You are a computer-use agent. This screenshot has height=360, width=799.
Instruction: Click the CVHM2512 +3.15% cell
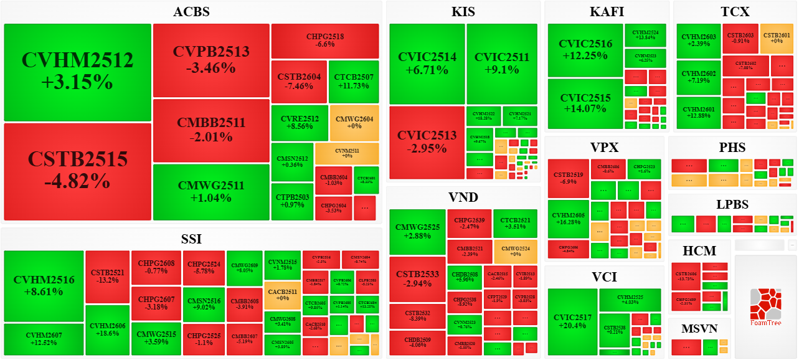(x=77, y=72)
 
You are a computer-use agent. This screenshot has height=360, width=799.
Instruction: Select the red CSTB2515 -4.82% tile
(x=77, y=171)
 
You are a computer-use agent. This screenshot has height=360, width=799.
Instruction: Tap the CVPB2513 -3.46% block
(x=211, y=60)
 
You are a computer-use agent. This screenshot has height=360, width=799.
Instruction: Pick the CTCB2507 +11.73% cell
(x=354, y=82)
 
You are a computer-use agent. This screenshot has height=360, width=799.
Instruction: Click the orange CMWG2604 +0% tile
(x=354, y=123)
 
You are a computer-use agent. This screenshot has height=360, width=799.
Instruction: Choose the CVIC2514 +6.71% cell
(x=427, y=64)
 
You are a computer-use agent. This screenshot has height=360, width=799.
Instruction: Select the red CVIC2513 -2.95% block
(x=427, y=142)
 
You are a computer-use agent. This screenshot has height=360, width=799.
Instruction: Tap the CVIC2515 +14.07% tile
(x=585, y=103)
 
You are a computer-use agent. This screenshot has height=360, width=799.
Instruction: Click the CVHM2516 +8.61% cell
(x=44, y=285)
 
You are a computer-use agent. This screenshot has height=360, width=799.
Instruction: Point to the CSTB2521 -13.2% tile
(x=107, y=277)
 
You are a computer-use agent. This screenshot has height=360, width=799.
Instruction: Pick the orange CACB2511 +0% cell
(x=282, y=295)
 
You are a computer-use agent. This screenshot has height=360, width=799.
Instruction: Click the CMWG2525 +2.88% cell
(x=417, y=232)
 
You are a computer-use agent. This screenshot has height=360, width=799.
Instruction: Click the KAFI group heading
(x=607, y=12)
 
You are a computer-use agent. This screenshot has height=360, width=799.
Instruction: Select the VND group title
(x=463, y=197)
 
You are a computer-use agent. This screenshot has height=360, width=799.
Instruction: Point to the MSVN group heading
(x=699, y=328)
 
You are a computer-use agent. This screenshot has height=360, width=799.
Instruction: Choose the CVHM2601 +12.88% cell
(x=698, y=113)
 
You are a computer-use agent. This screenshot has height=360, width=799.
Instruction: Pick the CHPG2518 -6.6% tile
(x=325, y=40)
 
